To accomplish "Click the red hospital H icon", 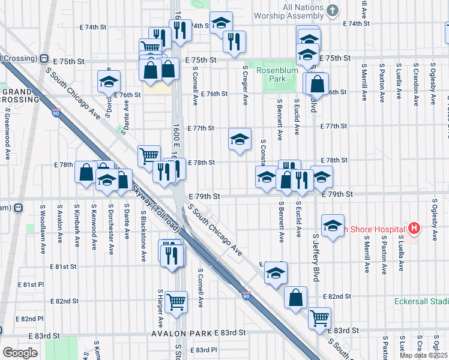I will point(413,228).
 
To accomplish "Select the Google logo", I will point(19,353).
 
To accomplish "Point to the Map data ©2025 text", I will point(423,355).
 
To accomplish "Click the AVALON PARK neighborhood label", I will point(182,333).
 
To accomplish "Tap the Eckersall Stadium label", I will point(421,301).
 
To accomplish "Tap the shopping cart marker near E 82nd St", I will point(176,302).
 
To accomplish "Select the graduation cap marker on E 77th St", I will point(240,139).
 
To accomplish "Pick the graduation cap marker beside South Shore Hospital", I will point(333,226).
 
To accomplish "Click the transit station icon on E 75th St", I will point(44,59).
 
